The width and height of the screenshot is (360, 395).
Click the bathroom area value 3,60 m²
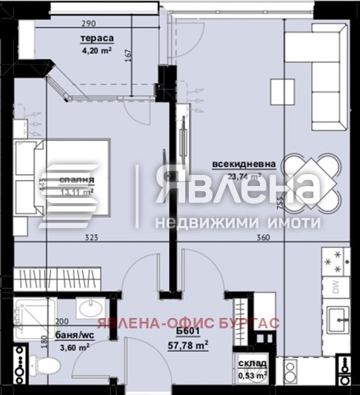coord(74,346)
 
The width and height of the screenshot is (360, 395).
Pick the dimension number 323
coord(91,239)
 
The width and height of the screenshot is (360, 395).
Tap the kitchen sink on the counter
coord(341,321)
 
